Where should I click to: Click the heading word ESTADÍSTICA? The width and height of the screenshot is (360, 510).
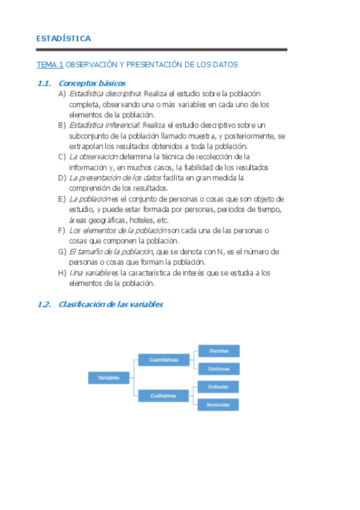[64, 38]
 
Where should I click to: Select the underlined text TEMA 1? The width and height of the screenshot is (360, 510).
[50, 64]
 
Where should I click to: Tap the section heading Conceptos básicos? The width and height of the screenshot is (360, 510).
[92, 84]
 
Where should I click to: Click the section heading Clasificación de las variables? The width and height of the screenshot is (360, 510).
[111, 305]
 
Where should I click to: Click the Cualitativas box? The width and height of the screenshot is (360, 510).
[163, 396]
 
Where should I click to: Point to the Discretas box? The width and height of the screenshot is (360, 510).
[219, 351]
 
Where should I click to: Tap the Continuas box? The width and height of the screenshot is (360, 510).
[219, 369]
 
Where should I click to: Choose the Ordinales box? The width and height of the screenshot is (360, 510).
[219, 387]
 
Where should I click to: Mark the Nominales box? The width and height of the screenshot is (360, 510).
[219, 405]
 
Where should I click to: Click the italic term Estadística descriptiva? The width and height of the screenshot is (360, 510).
[105, 94]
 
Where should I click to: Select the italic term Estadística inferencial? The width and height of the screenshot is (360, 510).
[104, 125]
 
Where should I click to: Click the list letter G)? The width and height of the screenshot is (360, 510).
[62, 251]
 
